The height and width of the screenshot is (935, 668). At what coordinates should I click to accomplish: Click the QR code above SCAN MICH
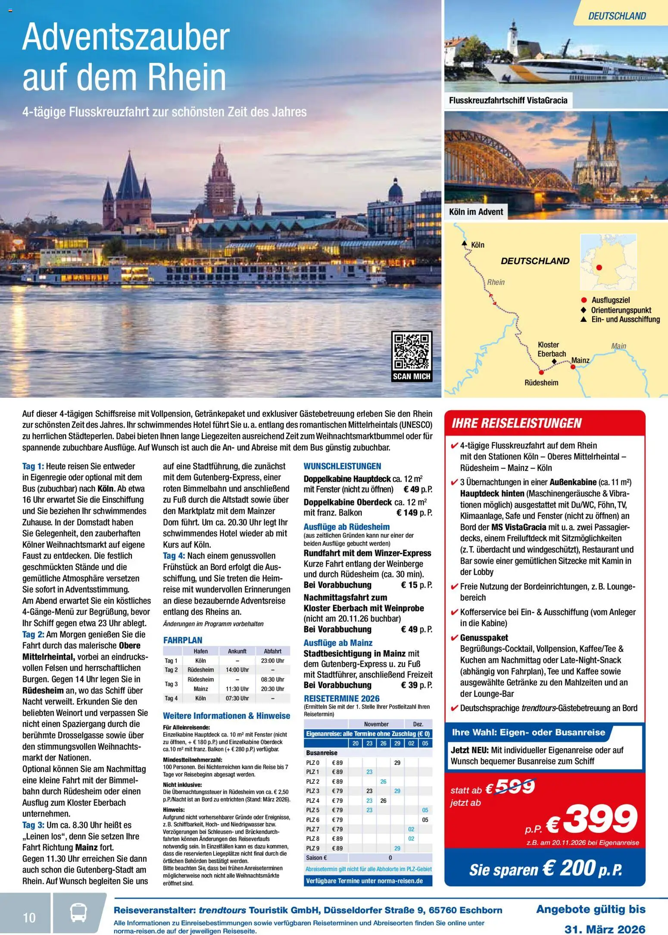click(412, 351)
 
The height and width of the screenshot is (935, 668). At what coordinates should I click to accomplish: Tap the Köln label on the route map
click(478, 245)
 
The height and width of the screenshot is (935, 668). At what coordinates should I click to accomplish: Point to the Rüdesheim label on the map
click(541, 383)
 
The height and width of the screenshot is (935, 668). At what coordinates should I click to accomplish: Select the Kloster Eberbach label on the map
click(551, 349)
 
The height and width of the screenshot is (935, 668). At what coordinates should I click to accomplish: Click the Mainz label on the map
click(580, 360)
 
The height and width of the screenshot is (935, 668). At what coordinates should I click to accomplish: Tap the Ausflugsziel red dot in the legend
click(584, 300)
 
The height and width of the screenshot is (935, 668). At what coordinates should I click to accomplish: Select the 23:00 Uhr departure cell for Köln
click(272, 661)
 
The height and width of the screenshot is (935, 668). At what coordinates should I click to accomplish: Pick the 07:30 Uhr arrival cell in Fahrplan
click(237, 698)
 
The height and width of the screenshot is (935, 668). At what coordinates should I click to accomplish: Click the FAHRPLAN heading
click(183, 640)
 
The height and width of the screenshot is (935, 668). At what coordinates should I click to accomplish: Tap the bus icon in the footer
click(78, 913)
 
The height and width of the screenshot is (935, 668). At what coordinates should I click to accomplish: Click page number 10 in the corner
click(29, 918)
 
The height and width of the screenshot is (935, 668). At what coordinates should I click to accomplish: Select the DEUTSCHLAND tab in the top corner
click(617, 16)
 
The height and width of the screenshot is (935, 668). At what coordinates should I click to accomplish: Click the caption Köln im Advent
click(476, 212)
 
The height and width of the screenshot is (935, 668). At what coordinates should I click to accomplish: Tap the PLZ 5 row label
click(312, 810)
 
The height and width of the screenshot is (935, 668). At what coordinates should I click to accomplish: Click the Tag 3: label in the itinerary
click(33, 825)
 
